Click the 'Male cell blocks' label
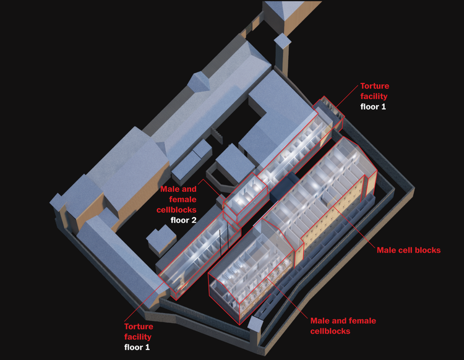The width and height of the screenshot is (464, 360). click(408, 251)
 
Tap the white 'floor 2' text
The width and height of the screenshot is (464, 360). click(183, 220)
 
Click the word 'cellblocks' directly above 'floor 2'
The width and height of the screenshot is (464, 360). click(176, 210)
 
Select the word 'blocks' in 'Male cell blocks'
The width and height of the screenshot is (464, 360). click(427, 251)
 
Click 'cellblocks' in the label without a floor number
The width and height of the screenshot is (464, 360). click(330, 331)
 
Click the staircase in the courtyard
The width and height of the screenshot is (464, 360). click(217, 135)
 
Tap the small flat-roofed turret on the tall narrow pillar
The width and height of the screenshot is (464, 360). click(282, 40)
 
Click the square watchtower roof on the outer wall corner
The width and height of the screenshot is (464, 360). click(255, 323)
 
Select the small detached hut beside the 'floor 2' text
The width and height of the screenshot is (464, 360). click(161, 240)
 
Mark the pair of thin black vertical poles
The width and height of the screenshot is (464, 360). click(224, 239)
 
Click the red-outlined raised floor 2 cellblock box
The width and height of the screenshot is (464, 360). click(245, 197)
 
